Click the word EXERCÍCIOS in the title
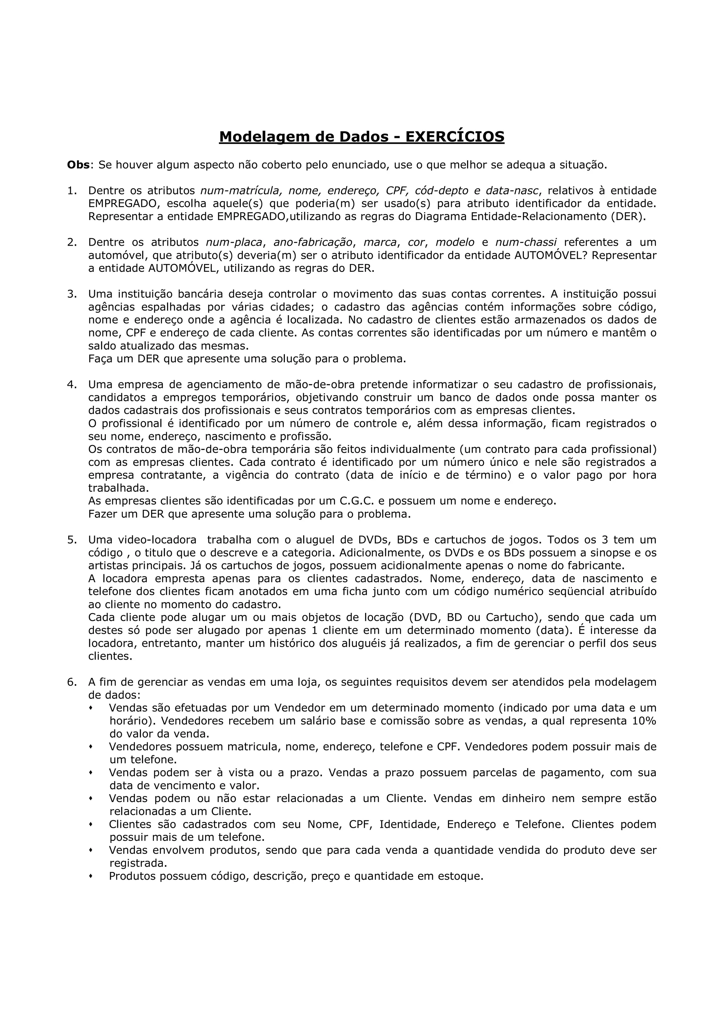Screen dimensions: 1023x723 point(454,136)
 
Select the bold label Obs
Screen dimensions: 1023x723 point(78,165)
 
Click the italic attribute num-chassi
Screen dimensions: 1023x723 point(526,243)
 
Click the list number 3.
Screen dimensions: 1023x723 point(72,294)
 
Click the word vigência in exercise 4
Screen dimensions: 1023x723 point(246,475)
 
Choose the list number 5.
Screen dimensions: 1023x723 point(72,540)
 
